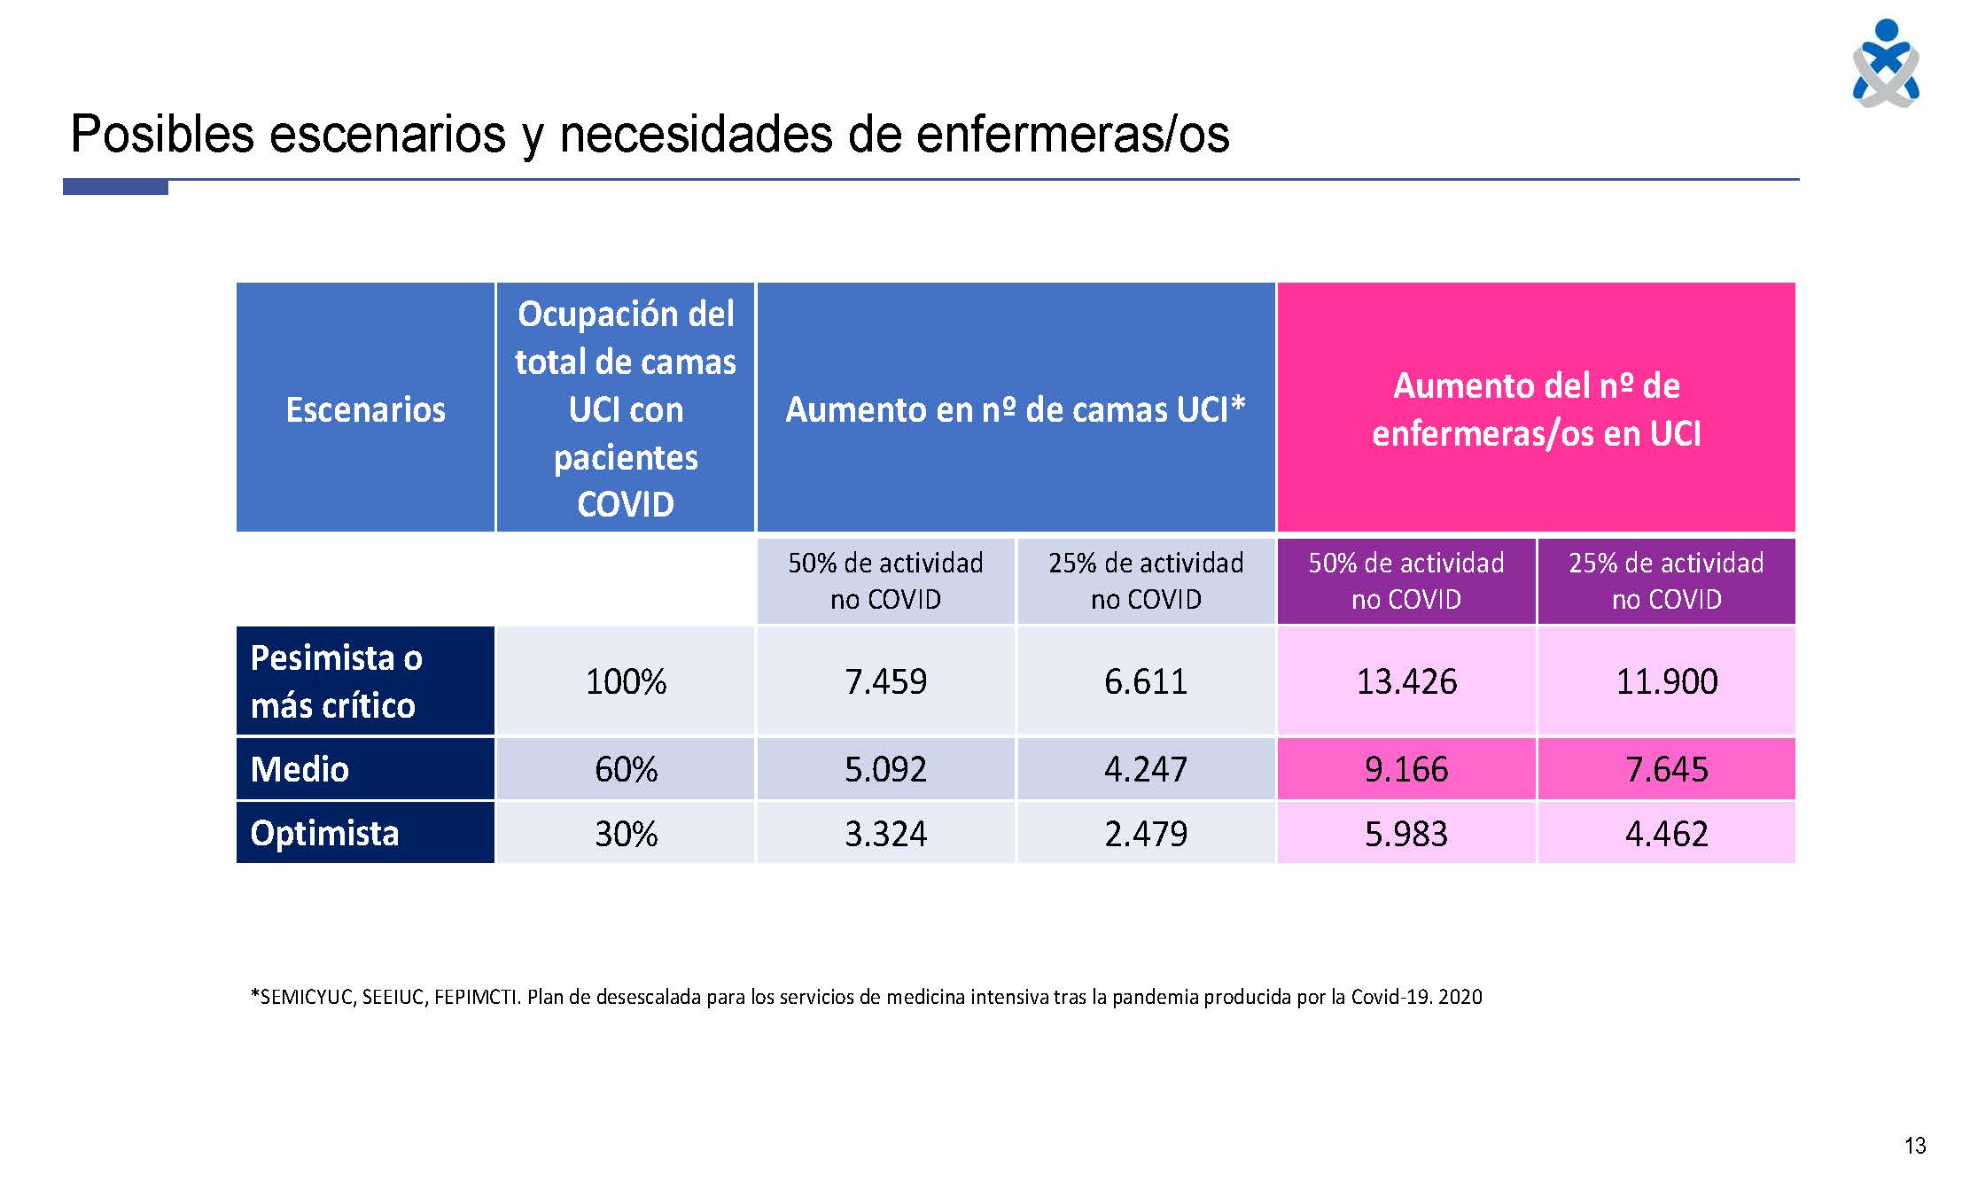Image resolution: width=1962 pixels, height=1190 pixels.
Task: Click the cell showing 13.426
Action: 1406,681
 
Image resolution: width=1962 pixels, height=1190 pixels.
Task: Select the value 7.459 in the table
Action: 885,681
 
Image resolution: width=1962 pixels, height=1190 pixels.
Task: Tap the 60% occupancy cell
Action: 626,769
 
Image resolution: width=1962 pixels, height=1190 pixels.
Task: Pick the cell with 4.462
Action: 1666,834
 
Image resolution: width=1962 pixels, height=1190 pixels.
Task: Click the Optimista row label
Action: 325,834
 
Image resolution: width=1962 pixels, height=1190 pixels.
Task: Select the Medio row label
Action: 300,769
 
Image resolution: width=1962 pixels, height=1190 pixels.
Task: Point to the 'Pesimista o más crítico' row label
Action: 336,681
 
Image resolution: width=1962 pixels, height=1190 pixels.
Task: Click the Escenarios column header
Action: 365,409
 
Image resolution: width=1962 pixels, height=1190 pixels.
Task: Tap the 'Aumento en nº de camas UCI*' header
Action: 1016,409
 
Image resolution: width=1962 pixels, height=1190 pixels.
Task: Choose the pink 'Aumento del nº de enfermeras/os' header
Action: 1536,409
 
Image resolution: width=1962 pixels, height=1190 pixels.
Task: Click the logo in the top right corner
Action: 1886,64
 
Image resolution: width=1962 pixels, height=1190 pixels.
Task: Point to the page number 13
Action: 1914,1146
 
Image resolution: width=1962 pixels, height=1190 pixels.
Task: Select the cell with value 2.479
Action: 1145,834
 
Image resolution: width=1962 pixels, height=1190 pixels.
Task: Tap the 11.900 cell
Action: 1666,681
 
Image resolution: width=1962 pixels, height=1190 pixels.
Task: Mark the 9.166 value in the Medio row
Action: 1406,769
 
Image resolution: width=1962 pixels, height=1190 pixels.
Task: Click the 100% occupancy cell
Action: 626,681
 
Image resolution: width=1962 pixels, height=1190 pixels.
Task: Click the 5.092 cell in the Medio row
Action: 885,769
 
